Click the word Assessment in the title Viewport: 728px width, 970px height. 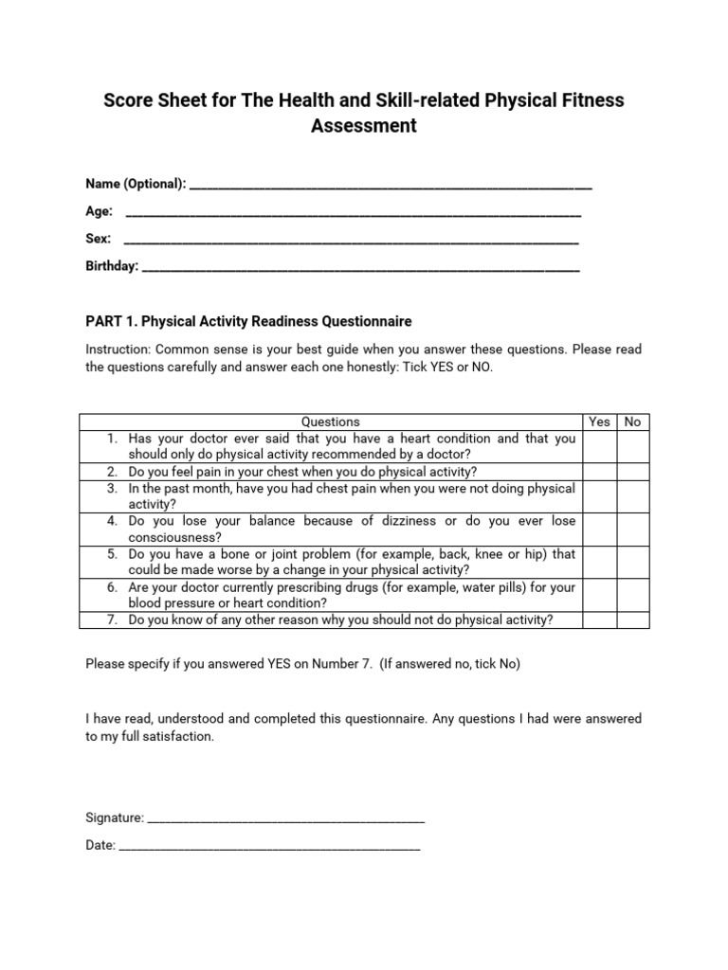point(364,126)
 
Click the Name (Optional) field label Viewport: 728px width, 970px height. point(136,184)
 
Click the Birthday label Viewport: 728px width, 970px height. point(112,266)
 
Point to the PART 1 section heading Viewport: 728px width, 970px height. point(248,321)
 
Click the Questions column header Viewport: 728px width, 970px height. point(330,422)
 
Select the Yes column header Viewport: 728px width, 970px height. point(600,422)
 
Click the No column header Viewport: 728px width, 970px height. point(633,422)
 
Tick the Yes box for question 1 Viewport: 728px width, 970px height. point(600,446)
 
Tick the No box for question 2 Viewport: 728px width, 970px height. point(633,472)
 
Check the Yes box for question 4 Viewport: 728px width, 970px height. point(600,530)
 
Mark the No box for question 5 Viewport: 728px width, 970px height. point(633,562)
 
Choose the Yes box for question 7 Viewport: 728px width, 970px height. point(600,620)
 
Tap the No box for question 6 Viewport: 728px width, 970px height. point(633,595)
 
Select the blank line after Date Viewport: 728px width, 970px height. point(269,845)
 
